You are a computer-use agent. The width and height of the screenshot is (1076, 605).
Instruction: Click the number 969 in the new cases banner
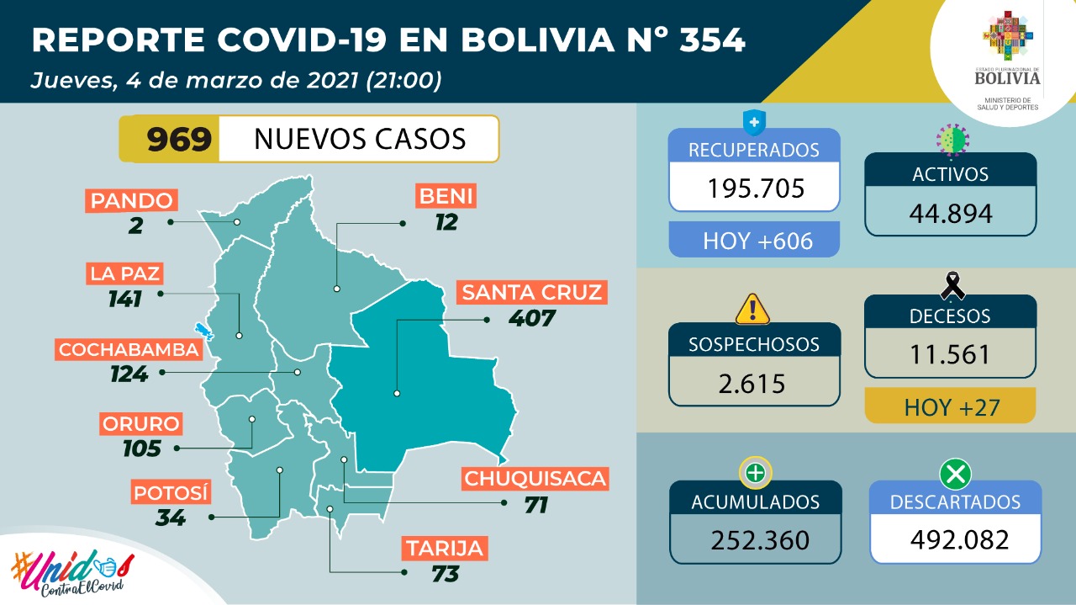pyautogui.click(x=179, y=139)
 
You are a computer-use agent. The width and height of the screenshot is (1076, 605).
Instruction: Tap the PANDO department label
pyautogui.click(x=132, y=200)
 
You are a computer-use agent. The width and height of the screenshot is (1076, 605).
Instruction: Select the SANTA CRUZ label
pyautogui.click(x=532, y=293)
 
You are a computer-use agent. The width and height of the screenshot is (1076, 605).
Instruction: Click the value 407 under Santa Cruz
pyautogui.click(x=532, y=319)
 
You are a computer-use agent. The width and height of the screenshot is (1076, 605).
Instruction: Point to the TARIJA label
pyautogui.click(x=444, y=549)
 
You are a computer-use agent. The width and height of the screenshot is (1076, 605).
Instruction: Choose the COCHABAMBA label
pyautogui.click(x=129, y=349)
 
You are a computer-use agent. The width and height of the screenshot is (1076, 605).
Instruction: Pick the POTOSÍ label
pyautogui.click(x=170, y=492)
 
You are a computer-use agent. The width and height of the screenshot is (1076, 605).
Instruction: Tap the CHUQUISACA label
pyautogui.click(x=535, y=479)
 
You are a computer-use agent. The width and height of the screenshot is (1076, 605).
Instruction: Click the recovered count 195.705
pyautogui.click(x=754, y=188)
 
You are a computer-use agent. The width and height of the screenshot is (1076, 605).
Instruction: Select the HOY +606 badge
pyautogui.click(x=754, y=241)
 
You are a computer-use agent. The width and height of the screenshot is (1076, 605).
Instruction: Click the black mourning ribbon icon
pyautogui.click(x=952, y=286)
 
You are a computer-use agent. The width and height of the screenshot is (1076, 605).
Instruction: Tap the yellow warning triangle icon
pyautogui.click(x=752, y=309)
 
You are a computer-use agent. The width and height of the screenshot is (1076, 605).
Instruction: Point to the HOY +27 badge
pyautogui.click(x=950, y=408)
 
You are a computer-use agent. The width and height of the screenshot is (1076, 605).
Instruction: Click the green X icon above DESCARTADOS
pyautogui.click(x=955, y=475)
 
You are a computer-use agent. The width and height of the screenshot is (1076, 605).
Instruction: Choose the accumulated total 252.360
pyautogui.click(x=755, y=539)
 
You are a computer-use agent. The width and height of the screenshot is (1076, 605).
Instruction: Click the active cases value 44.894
pyautogui.click(x=950, y=213)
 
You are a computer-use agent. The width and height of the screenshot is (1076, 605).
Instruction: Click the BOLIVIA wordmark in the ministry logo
pyautogui.click(x=1007, y=78)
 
